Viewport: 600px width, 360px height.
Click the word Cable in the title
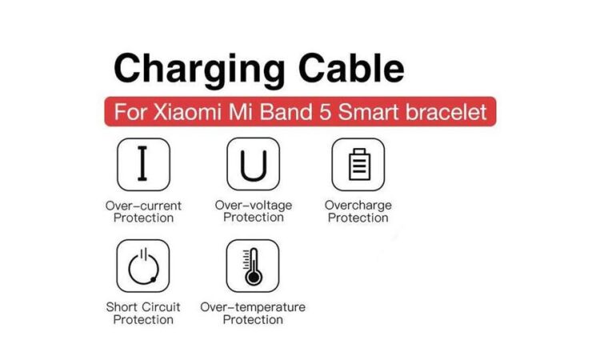pyautogui.click(x=351, y=68)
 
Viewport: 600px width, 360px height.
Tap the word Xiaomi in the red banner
pyautogui.click(x=188, y=112)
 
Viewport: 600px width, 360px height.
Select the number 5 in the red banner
pyautogui.click(x=325, y=112)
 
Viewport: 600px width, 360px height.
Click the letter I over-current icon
pyautogui.click(x=143, y=164)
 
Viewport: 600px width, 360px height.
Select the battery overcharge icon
pyautogui.click(x=358, y=164)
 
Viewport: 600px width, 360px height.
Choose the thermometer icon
pyautogui.click(x=253, y=266)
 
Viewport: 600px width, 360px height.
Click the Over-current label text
pyautogui.click(x=143, y=206)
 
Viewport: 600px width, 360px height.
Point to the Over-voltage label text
pyautogui.click(x=254, y=206)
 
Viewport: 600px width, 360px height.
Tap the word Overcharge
pyautogui.click(x=358, y=206)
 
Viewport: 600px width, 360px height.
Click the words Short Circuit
pyautogui.click(x=143, y=307)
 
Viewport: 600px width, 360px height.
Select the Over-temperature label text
pyautogui.click(x=253, y=307)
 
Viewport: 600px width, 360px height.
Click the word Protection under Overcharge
pyautogui.click(x=358, y=218)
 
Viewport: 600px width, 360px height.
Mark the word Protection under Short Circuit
pyautogui.click(x=143, y=320)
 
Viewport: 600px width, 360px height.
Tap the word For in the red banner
pyautogui.click(x=130, y=112)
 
